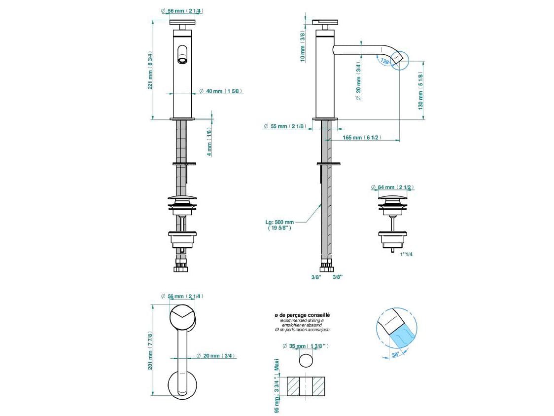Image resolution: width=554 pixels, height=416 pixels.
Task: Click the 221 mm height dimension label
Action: pos(150,70)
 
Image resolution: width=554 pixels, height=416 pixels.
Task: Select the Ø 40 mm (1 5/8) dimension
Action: pos(220,91)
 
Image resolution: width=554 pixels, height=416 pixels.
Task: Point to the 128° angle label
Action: pos(384,61)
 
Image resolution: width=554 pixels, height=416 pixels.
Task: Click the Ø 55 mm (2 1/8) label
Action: pos(284,126)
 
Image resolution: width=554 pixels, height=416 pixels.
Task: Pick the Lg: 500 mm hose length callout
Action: pos(279,225)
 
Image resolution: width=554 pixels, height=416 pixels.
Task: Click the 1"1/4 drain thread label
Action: pos(407,254)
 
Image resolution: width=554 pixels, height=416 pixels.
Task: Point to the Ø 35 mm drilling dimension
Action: pos(307,346)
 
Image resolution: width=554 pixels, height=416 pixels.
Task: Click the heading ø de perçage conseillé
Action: pos(302,315)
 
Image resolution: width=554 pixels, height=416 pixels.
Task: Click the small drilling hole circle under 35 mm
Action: pos(307,360)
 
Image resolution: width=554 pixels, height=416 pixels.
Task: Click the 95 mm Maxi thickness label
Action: pos(277,385)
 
